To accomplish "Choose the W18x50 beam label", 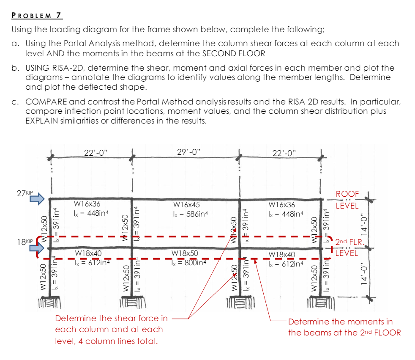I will [185, 253].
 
